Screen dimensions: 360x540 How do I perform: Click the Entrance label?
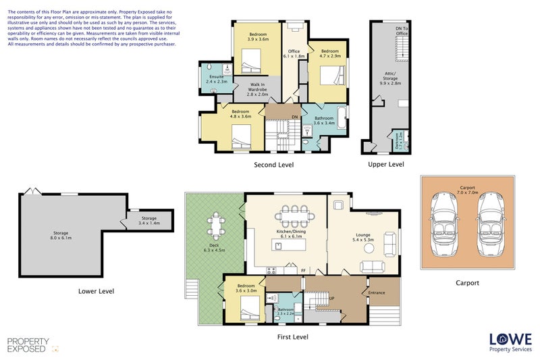pos(376,292)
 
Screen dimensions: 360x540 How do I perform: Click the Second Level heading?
pos(273,164)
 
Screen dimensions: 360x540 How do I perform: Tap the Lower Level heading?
pos(96,291)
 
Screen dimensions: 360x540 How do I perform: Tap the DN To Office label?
pos(401,30)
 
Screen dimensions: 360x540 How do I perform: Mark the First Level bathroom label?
pos(286,311)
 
